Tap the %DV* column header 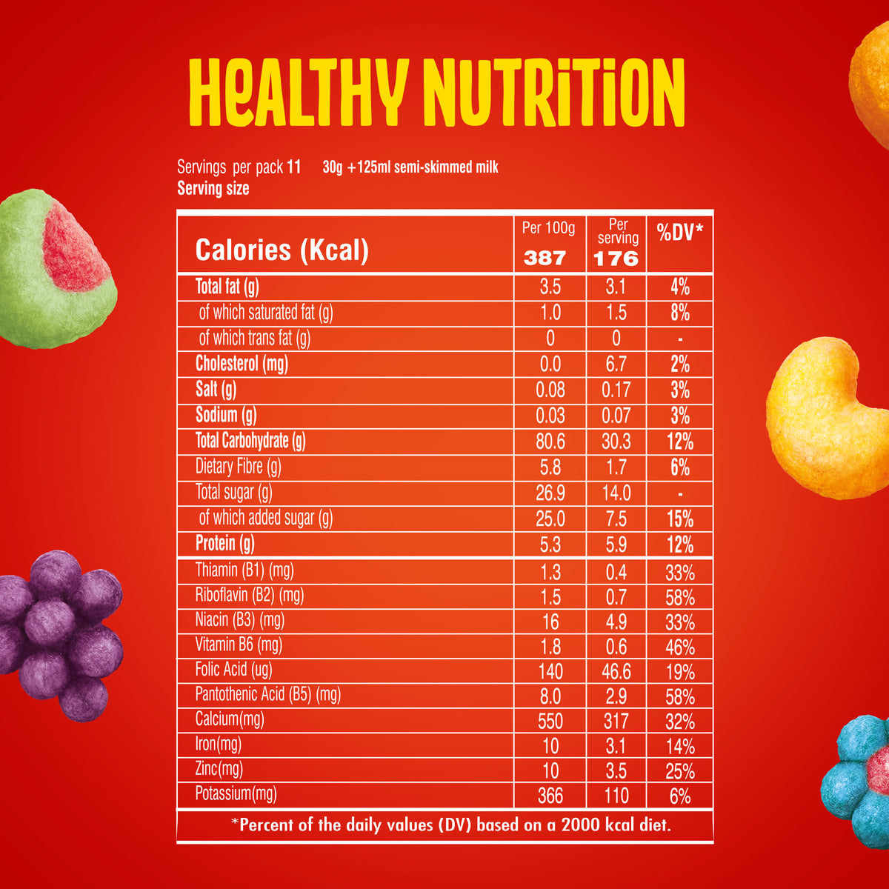pyautogui.click(x=680, y=233)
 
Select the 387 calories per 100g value pyautogui.click(x=545, y=258)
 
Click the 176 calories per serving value pyautogui.click(x=616, y=258)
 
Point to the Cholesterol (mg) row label pyautogui.click(x=242, y=364)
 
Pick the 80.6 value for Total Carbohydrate pyautogui.click(x=550, y=442)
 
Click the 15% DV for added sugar pyautogui.click(x=680, y=519)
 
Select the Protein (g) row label pyautogui.click(x=224, y=544)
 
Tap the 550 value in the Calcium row pyautogui.click(x=550, y=721)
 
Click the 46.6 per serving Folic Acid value pyautogui.click(x=616, y=672)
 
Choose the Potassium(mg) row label pyautogui.click(x=236, y=795)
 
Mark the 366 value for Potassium pyautogui.click(x=550, y=796)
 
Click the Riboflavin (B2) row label pyautogui.click(x=250, y=595)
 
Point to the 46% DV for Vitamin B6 pyautogui.click(x=680, y=647)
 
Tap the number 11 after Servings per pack pyautogui.click(x=293, y=167)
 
